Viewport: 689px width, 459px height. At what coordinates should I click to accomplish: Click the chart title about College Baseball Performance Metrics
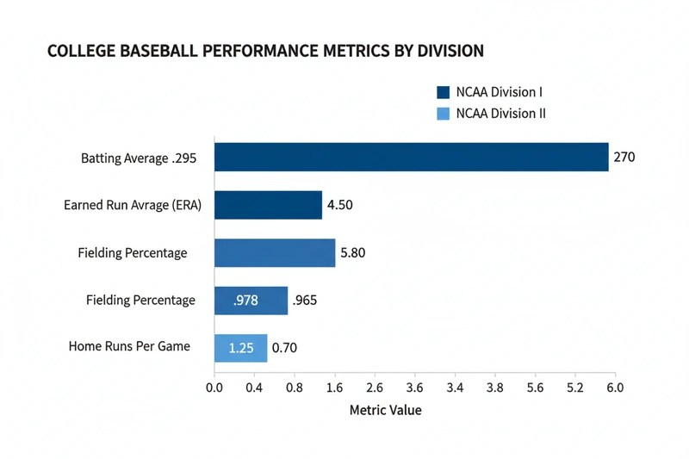click(x=265, y=51)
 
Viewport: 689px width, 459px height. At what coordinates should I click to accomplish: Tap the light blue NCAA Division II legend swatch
click(x=444, y=114)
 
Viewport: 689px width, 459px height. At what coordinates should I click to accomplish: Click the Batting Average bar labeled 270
click(x=411, y=158)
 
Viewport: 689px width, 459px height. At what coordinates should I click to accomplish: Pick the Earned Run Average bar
click(x=268, y=205)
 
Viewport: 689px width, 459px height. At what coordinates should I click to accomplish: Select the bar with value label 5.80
click(x=274, y=252)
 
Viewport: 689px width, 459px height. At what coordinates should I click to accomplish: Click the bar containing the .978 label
click(x=251, y=301)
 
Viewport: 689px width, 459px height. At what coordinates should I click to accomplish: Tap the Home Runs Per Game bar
click(x=240, y=348)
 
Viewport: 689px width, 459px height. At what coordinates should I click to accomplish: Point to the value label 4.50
click(x=339, y=206)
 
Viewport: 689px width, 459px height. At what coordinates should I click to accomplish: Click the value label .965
click(x=305, y=301)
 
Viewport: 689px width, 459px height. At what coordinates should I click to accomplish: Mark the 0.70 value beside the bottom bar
click(x=284, y=348)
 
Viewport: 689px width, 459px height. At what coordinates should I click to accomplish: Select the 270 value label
click(x=624, y=158)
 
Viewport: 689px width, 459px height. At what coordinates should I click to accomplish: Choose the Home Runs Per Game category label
click(x=129, y=347)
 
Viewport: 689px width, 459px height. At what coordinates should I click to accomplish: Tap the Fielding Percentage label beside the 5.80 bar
click(x=132, y=253)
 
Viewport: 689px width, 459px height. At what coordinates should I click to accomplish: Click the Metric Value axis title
click(x=385, y=410)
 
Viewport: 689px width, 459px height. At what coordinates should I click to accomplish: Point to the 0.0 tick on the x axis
click(x=214, y=388)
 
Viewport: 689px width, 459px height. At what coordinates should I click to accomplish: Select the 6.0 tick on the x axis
click(x=614, y=388)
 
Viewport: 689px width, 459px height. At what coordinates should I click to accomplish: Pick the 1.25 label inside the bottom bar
click(x=241, y=348)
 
